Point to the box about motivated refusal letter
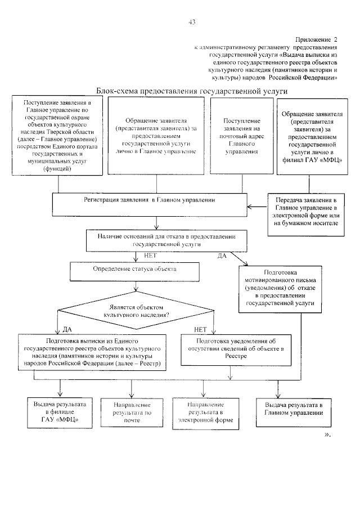click(279, 289)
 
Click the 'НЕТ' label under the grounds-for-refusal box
click(151, 255)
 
